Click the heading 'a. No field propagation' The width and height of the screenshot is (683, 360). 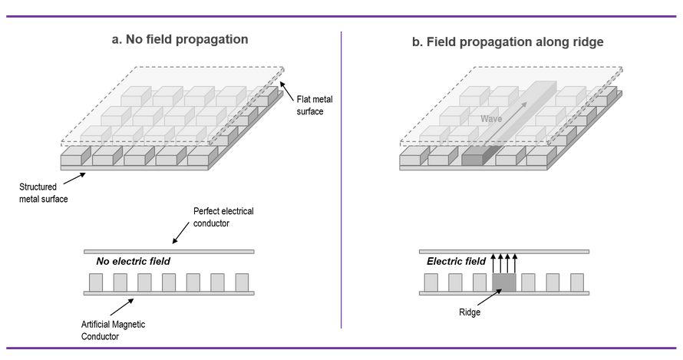180,39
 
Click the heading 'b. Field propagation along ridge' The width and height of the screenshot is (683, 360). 507,42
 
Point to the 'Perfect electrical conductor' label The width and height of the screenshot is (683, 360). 223,216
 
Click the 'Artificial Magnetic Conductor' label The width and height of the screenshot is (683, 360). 113,330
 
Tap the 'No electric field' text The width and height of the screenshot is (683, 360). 133,262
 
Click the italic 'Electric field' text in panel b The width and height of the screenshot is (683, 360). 456,262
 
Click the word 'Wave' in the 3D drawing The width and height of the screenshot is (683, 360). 491,119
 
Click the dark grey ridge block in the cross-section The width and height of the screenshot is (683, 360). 504,282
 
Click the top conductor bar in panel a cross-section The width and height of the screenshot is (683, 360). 169,251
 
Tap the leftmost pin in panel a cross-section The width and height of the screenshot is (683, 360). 96,282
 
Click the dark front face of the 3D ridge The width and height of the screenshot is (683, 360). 472,160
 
